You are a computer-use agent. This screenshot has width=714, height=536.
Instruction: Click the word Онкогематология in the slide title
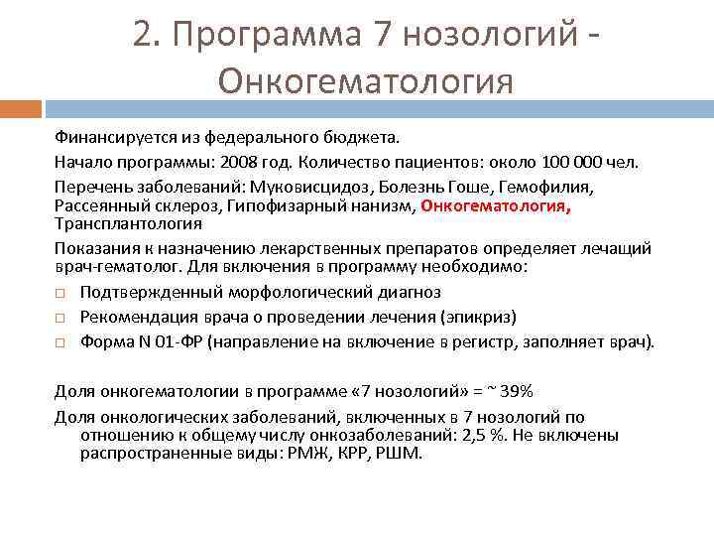366,79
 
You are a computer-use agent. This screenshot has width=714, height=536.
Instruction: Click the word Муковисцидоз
285,187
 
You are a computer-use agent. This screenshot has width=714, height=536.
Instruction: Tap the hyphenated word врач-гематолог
116,268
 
